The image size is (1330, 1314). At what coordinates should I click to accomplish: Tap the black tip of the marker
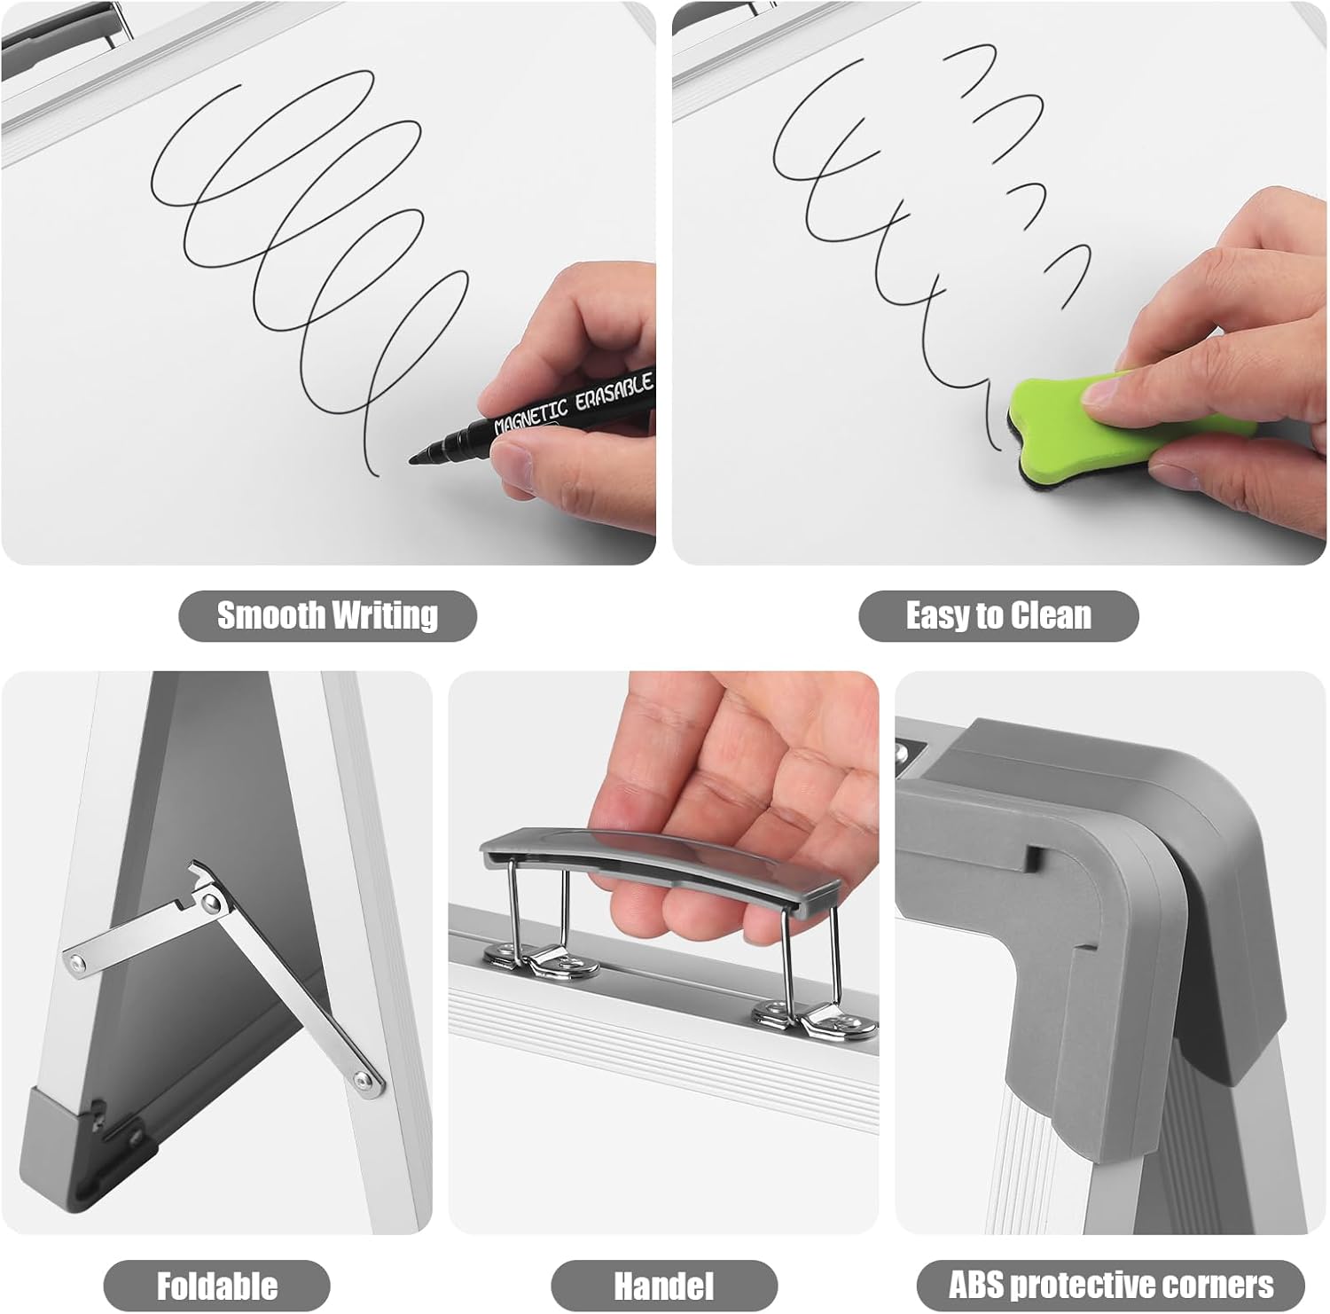424,456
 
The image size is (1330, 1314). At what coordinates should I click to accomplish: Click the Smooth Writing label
328,615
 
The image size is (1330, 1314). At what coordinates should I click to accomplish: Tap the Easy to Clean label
998,615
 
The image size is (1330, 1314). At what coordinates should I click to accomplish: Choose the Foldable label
217,1286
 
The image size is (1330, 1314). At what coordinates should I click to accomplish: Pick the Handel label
664,1286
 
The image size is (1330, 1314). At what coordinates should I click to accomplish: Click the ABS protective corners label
1111,1285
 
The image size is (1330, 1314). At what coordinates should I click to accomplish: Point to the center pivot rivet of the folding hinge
210,903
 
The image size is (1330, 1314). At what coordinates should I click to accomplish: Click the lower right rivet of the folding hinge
363,1080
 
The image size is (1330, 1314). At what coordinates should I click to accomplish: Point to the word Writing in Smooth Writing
384,615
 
